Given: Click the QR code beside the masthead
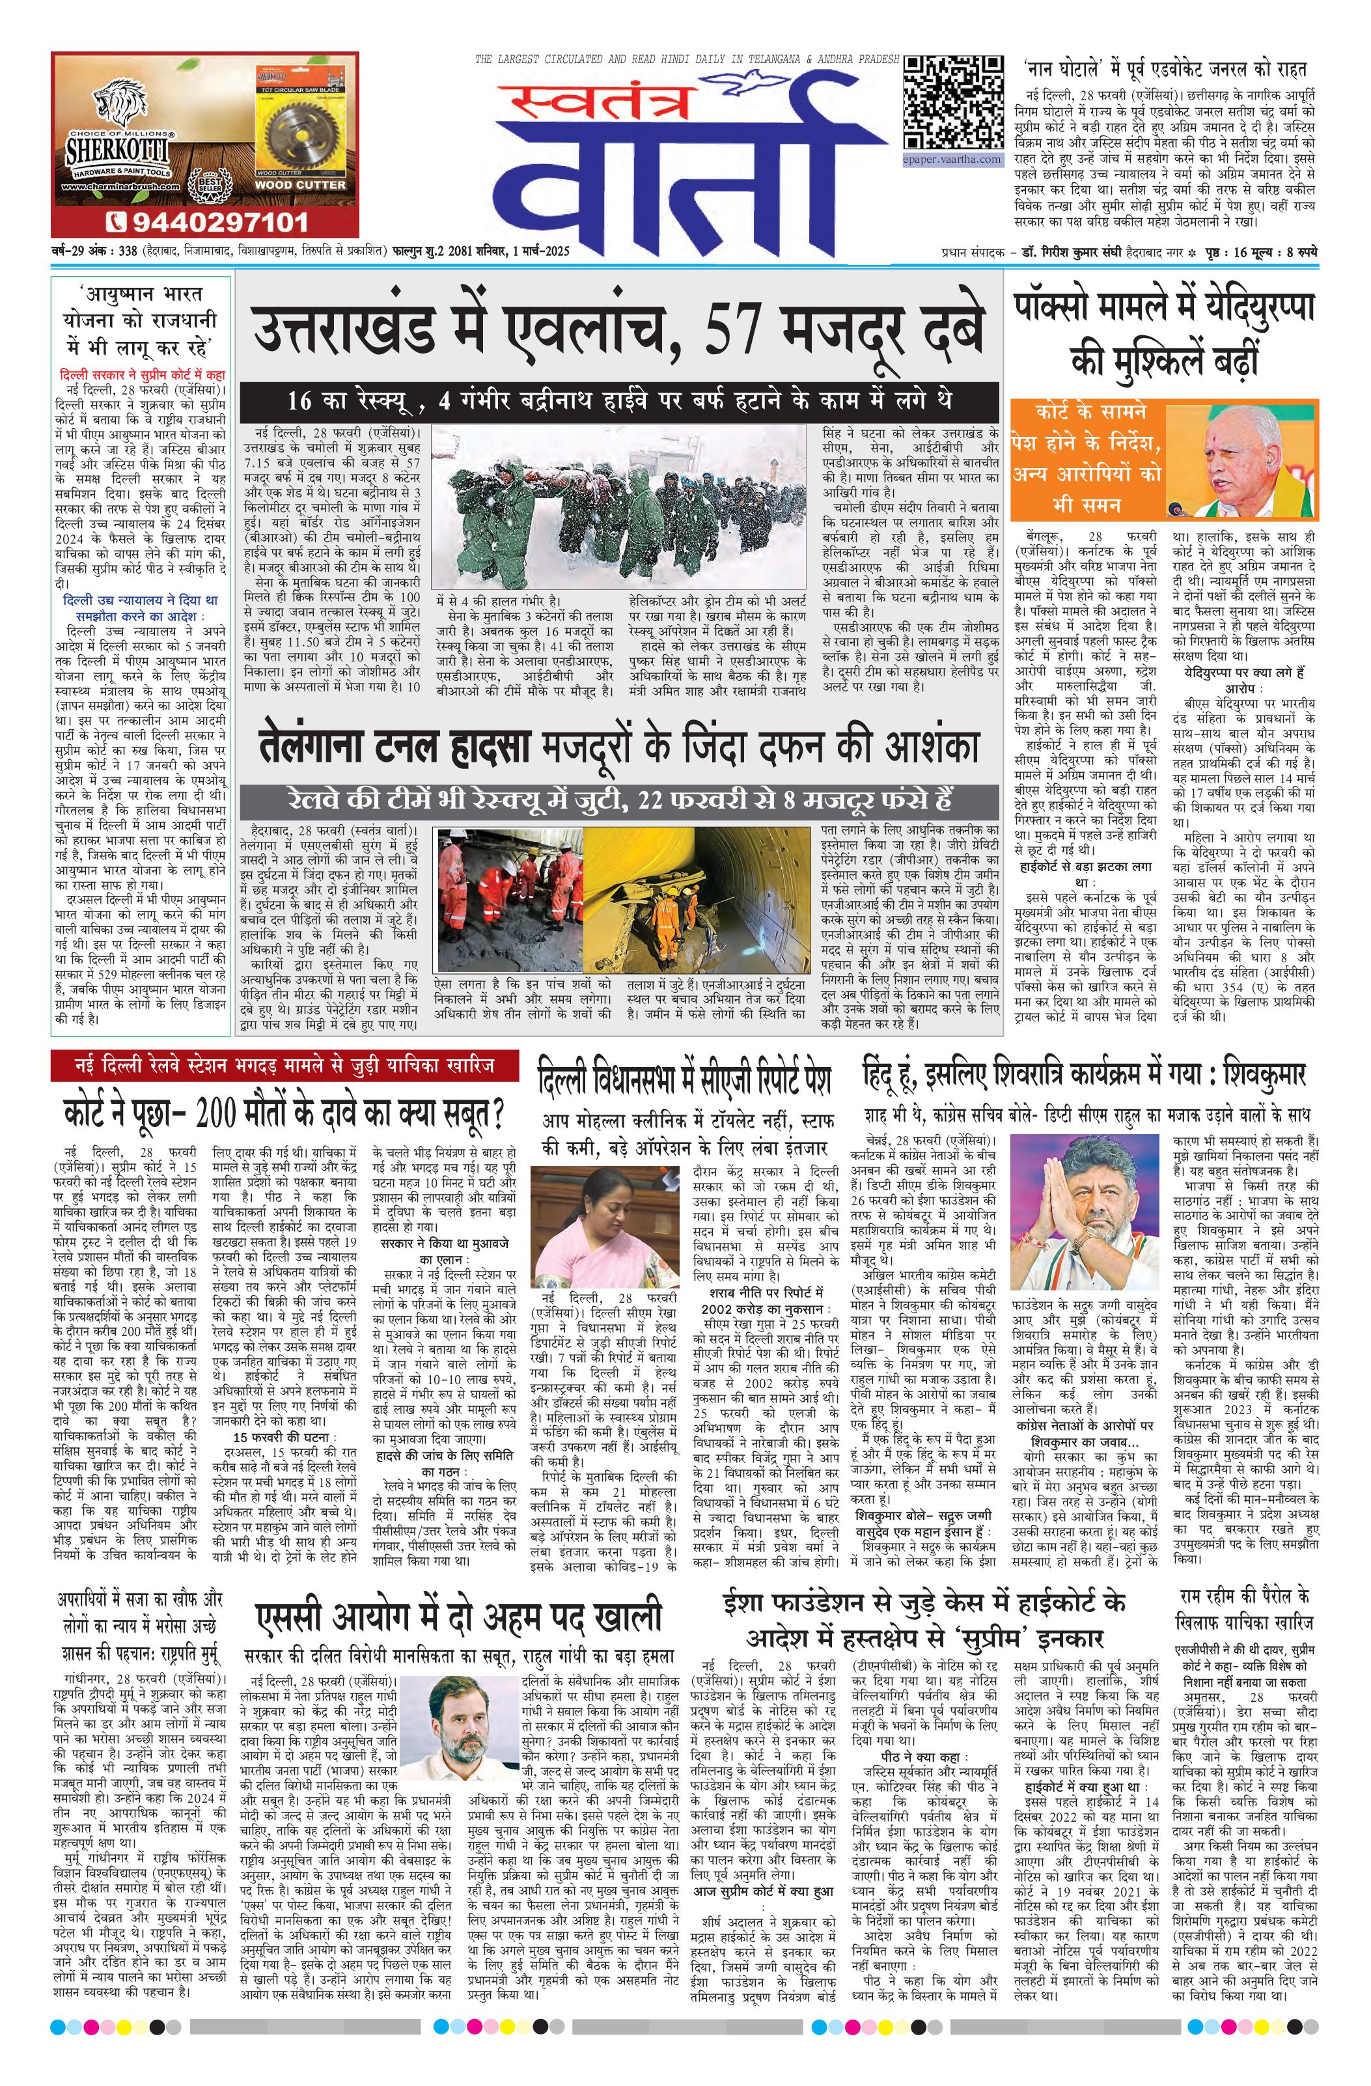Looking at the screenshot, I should [953, 104].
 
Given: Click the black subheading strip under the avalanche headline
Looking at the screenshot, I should [620, 400].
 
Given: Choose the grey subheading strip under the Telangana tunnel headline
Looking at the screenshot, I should [620, 800].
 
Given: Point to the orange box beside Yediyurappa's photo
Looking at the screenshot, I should [1087, 458].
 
